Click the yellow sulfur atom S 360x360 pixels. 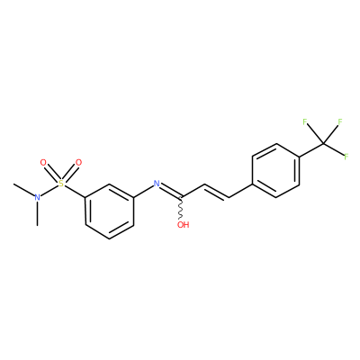pyautogui.click(x=61, y=184)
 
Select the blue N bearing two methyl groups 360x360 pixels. pyautogui.click(x=37, y=197)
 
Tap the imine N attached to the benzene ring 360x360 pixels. pyautogui.click(x=157, y=184)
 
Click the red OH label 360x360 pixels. pyautogui.click(x=183, y=224)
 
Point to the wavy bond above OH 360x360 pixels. pyautogui.click(x=181, y=208)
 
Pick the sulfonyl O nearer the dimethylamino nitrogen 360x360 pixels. pyautogui.click(x=43, y=163)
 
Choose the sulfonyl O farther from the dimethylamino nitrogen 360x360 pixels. pyautogui.click(x=78, y=163)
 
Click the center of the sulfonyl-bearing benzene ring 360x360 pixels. pyautogui.click(x=109, y=211)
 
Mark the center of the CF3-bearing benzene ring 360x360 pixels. pyautogui.click(x=276, y=170)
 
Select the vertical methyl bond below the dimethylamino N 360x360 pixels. pyautogui.click(x=37, y=213)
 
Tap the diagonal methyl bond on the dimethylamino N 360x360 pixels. pyautogui.click(x=24, y=189)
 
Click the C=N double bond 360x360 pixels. pyautogui.click(x=170, y=191)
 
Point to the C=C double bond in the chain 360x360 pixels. pyautogui.click(x=217, y=191)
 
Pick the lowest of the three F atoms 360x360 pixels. pyautogui.click(x=346, y=157)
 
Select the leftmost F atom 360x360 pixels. pyautogui.click(x=305, y=121)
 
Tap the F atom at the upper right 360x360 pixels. pyautogui.click(x=340, y=121)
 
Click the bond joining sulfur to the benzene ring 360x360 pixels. pyautogui.click(x=75, y=192)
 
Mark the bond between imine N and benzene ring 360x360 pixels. pyautogui.click(x=143, y=192)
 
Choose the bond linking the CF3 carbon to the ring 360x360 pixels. pyautogui.click(x=311, y=149)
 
